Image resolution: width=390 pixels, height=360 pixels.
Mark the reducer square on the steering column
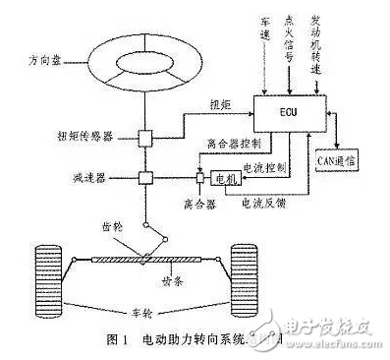click(x=143, y=179)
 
